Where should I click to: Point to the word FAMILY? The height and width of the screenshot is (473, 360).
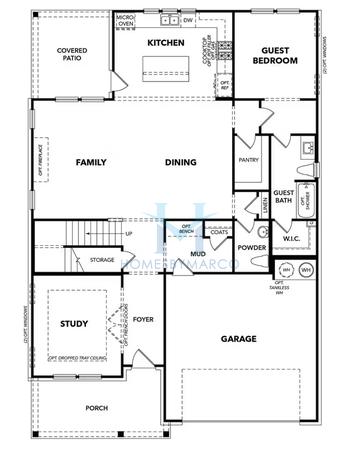[93, 162]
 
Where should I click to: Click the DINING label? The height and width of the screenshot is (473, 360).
[181, 162]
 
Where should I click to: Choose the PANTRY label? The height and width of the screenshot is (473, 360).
[249, 160]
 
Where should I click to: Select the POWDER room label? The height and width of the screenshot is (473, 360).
[252, 247]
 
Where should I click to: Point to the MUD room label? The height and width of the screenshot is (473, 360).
[199, 253]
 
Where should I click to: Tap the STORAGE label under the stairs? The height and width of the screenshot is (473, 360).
[102, 260]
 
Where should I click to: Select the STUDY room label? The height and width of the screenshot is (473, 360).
[74, 324]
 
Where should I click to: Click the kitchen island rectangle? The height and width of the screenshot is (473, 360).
[167, 68]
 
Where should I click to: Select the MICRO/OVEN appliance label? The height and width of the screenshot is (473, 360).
[125, 20]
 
